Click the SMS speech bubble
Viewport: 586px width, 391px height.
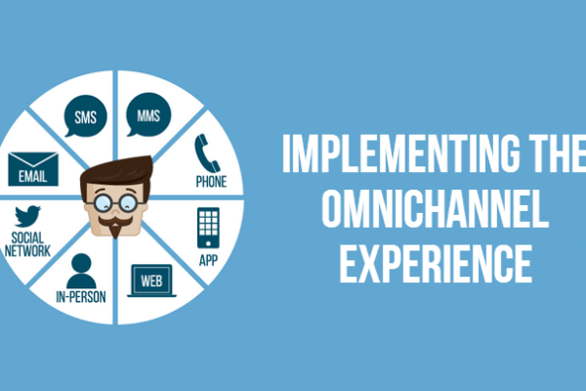pos(86,116)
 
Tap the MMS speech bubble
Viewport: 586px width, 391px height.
pos(148,114)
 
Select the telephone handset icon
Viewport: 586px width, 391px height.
pos(206,152)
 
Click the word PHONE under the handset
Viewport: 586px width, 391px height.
pos(211,182)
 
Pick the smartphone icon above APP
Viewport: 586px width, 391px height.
pos(208,228)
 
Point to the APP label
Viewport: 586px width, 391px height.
pos(208,260)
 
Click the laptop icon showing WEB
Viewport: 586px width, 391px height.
pos(151,281)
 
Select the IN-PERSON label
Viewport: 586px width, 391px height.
pos(81,297)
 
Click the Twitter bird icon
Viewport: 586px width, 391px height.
pos(27,216)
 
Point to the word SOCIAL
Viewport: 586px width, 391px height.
pos(27,238)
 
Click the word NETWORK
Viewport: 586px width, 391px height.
pos(27,250)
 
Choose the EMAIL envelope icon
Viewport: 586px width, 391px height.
pos(33,169)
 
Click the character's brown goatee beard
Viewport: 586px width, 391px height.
pos(115,231)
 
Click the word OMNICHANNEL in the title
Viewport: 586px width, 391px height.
pos(435,208)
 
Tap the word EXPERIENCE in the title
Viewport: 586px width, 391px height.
pos(436,263)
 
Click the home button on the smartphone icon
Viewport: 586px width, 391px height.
pos(208,243)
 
